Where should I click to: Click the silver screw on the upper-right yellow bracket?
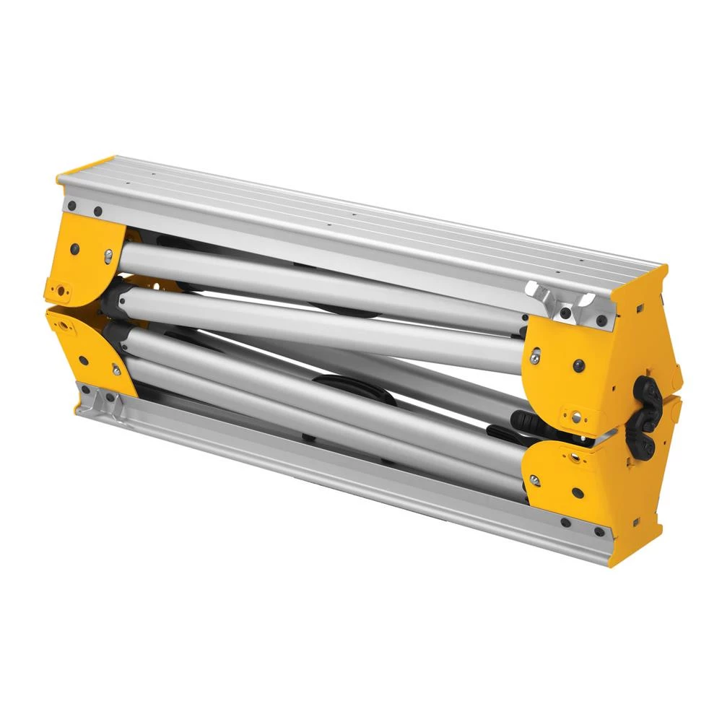[x=535, y=355]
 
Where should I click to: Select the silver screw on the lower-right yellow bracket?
[x=534, y=479]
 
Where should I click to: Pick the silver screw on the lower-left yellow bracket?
[x=116, y=370]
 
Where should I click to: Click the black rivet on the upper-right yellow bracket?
[x=578, y=365]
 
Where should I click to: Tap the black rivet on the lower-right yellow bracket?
[x=578, y=493]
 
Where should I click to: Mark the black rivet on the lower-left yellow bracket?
[x=85, y=358]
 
